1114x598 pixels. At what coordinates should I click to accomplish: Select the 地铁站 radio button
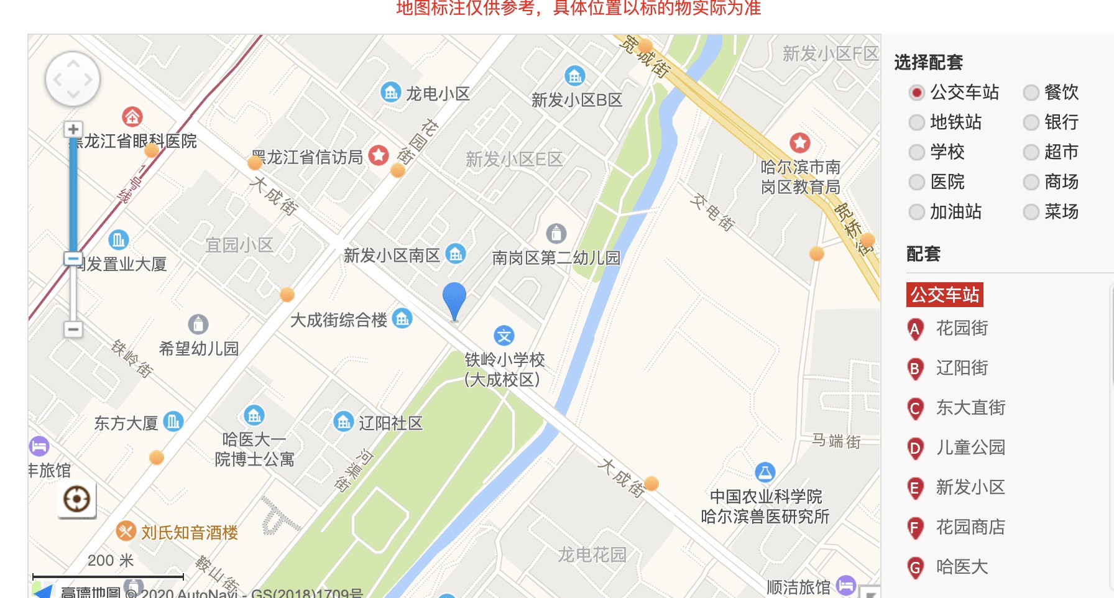916,122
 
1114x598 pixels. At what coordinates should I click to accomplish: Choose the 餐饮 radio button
1031,93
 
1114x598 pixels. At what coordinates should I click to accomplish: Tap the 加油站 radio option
916,212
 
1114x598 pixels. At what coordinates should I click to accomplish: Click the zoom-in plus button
73,129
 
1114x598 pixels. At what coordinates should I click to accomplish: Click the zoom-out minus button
73,329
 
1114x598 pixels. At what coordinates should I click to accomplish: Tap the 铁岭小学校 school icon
504,336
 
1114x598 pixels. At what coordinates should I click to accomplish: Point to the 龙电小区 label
438,94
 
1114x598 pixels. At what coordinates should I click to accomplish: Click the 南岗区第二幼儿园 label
556,257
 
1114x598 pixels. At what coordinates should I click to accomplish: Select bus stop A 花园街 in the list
961,328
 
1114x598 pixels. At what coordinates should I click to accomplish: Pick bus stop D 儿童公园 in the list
970,448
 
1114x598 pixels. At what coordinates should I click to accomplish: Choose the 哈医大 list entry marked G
961,567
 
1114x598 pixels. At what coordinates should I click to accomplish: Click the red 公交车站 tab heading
945,295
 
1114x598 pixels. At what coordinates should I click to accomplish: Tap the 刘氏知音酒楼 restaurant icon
126,531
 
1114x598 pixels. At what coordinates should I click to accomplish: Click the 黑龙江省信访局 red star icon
379,155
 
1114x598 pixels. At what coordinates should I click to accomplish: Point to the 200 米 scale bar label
110,561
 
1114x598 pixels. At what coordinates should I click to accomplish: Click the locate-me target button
76,499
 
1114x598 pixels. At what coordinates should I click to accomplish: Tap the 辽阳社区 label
390,423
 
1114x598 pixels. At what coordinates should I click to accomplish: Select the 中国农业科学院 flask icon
765,472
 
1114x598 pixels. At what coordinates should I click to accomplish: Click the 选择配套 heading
928,62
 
